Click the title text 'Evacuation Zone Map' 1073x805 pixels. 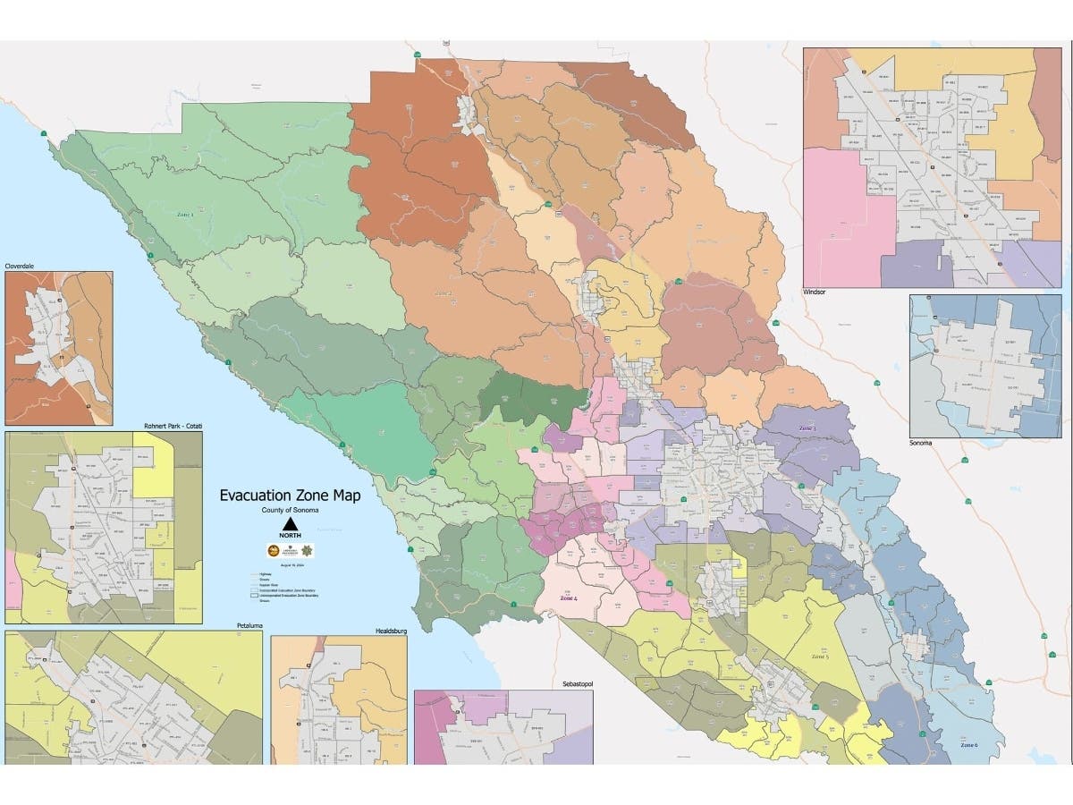(291, 496)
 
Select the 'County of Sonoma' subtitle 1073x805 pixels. (291, 509)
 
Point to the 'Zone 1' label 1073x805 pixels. (184, 215)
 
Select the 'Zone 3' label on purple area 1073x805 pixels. (807, 428)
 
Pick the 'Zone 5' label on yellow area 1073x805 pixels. (820, 657)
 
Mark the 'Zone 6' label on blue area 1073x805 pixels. (968, 745)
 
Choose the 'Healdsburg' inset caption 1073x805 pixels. (390, 631)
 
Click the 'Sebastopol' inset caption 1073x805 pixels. (574, 684)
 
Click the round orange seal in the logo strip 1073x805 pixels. (274, 551)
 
